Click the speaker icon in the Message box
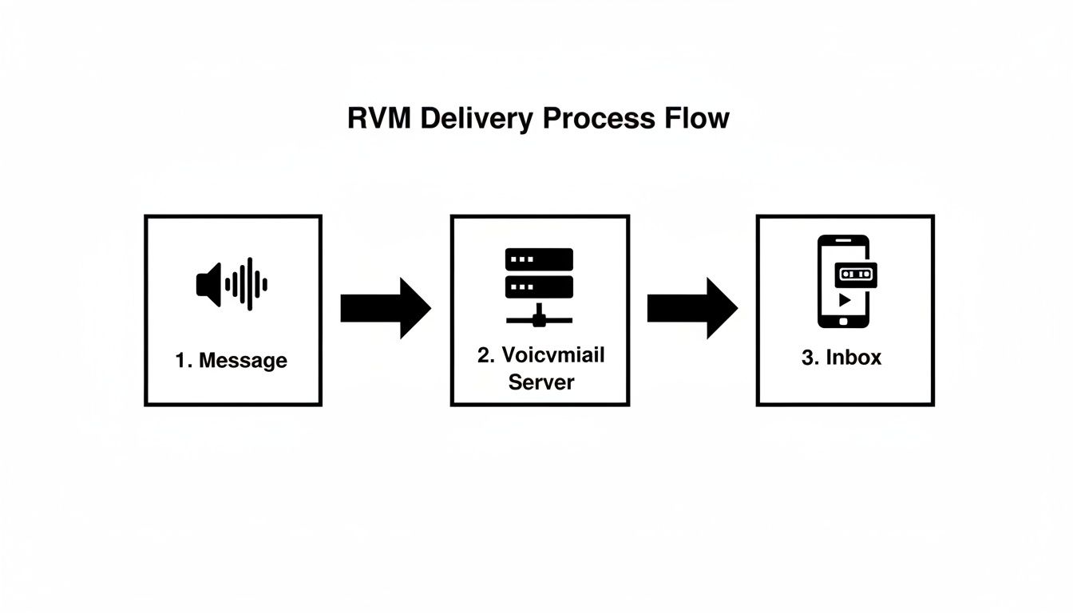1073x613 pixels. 208,284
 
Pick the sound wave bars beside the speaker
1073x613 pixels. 247,284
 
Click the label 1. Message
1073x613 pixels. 232,360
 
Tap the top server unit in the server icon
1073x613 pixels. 539,259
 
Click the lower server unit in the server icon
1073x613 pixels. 539,287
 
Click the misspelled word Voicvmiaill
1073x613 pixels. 552,355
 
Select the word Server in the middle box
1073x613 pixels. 541,382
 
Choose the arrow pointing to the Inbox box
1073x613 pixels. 691,308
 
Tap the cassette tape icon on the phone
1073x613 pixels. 856,275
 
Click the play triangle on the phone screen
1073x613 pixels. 843,301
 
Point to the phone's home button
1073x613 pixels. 843,321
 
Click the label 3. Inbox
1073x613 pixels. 841,358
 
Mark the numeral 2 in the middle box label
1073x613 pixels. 483,355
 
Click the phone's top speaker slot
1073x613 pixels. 843,241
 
